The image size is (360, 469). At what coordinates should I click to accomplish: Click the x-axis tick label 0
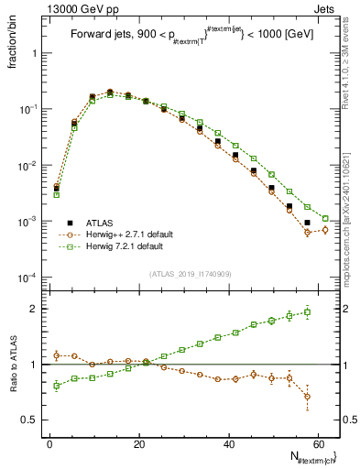click(49, 443)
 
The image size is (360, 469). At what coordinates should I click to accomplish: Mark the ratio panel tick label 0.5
click(30, 420)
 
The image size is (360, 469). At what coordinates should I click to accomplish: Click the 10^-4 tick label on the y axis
click(28, 278)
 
